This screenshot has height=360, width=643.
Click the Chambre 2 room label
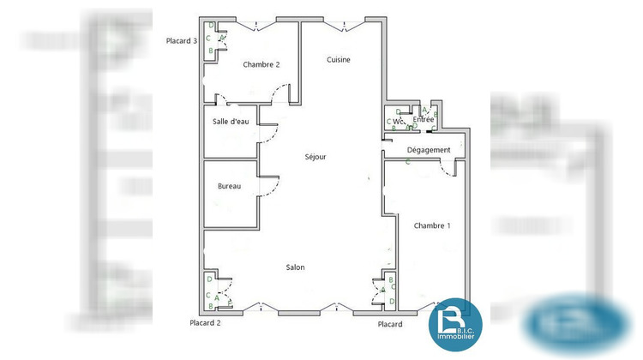click(261, 64)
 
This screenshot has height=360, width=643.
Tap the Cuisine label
click(339, 59)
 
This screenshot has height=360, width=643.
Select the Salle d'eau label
click(231, 122)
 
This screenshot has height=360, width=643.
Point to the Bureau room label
click(229, 186)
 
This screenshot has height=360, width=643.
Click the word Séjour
click(315, 157)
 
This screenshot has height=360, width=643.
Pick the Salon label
click(295, 267)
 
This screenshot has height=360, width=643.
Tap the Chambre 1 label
click(432, 225)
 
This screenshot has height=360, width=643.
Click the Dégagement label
click(429, 150)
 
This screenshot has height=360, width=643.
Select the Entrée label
click(424, 119)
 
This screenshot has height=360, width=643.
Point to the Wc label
click(399, 121)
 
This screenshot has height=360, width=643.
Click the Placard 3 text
click(183, 40)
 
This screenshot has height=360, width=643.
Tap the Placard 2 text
click(206, 323)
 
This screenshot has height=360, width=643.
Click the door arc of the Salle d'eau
click(270, 130)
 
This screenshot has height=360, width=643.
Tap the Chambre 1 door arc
click(448, 169)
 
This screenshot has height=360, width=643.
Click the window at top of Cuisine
click(347, 24)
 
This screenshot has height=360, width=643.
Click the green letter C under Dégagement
click(408, 161)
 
